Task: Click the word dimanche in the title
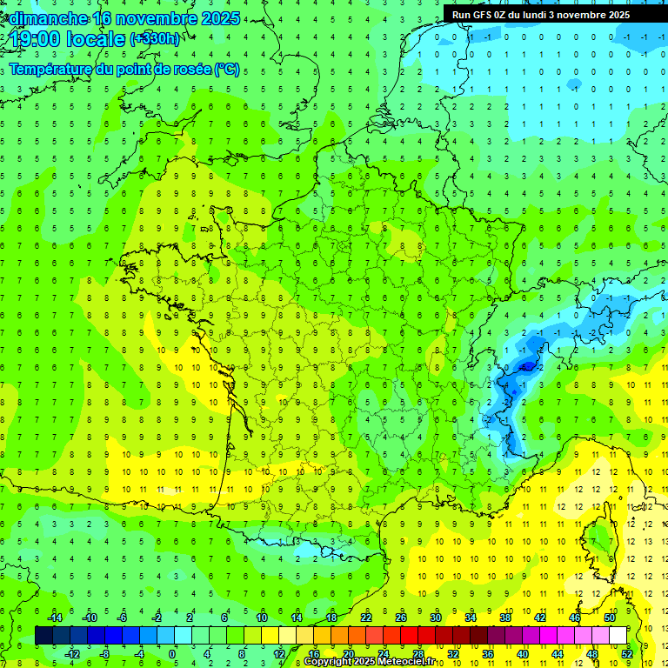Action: pyautogui.click(x=47, y=18)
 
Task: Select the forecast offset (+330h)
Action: pyautogui.click(x=155, y=39)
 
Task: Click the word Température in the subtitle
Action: pyautogui.click(x=50, y=70)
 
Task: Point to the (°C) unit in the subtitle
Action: pyautogui.click(x=227, y=70)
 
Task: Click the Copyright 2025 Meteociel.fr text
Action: pyautogui.click(x=370, y=662)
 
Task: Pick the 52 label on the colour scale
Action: pyautogui.click(x=627, y=653)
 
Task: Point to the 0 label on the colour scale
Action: pyautogui.click(x=173, y=653)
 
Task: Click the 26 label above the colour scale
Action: pyautogui.click(x=401, y=618)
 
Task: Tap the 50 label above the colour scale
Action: pyautogui.click(x=610, y=618)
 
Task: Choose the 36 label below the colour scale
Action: pyautogui.click(x=488, y=653)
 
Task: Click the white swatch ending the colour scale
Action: pyautogui.click(x=618, y=636)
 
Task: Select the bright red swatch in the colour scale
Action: pyautogui.click(x=410, y=636)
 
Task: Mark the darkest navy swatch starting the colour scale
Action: pyautogui.click(x=43, y=636)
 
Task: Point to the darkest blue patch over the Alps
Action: pyautogui.click(x=525, y=367)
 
